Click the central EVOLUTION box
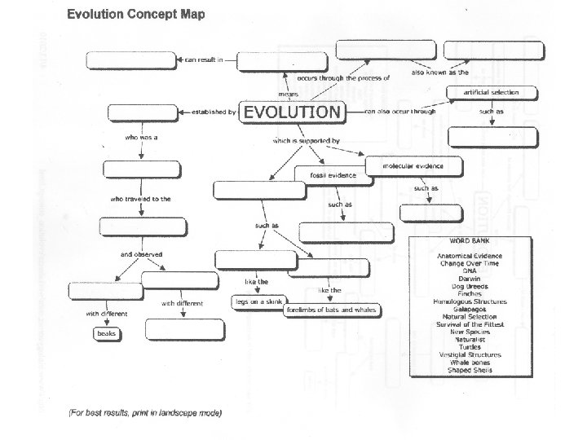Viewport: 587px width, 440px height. click(293, 112)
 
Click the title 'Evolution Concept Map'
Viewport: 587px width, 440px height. click(135, 14)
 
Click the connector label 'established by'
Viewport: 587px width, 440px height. click(214, 112)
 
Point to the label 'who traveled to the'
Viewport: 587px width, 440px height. click(140, 199)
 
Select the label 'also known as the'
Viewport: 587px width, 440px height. click(439, 73)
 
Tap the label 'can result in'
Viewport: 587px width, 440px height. click(203, 59)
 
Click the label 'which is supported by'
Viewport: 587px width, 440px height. click(306, 141)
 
